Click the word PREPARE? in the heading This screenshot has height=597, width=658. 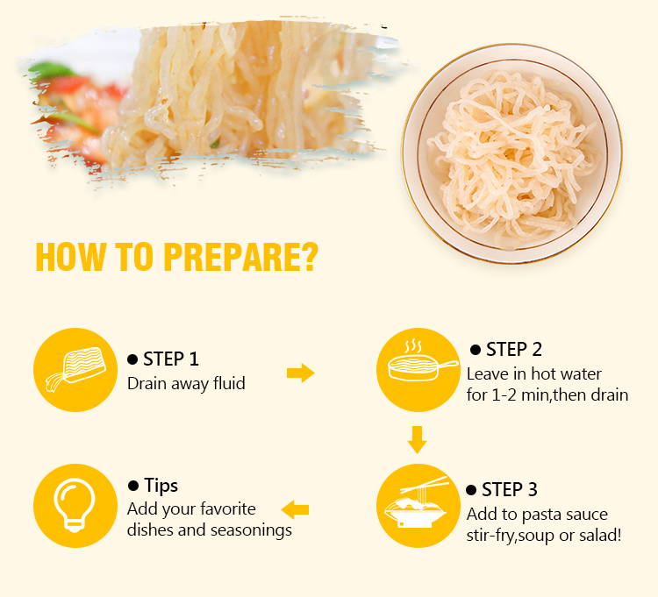click(241, 257)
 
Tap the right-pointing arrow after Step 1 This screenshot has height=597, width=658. click(300, 373)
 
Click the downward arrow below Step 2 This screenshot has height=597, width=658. click(417, 440)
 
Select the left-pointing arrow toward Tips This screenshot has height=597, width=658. click(295, 509)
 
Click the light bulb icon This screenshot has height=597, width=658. click(75, 505)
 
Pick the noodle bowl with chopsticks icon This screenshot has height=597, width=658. click(416, 502)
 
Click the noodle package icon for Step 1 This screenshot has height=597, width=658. click(75, 369)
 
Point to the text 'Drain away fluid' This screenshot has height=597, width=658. click(186, 384)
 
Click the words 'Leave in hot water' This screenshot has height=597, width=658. click(534, 374)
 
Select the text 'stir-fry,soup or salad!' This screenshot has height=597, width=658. click(544, 536)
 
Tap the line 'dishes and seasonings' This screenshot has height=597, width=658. click(210, 529)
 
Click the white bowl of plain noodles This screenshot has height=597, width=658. click(511, 154)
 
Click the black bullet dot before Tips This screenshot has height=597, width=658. click(133, 486)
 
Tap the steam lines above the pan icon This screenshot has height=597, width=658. click(413, 347)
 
